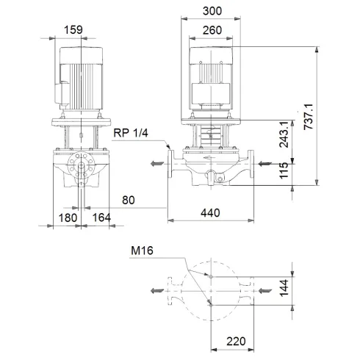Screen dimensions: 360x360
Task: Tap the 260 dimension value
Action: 212,30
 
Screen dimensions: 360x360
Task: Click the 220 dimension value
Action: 236,341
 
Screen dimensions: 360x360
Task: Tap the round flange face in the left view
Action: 79,164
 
